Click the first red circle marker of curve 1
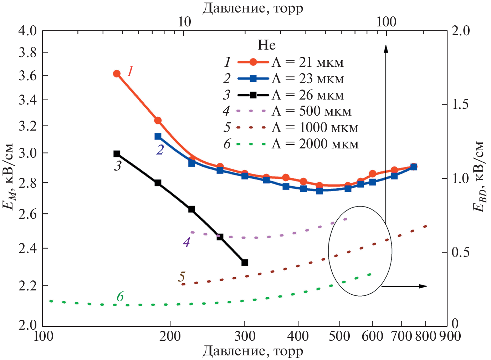[x=117, y=74]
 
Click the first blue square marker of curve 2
[x=158, y=136]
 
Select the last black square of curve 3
[x=245, y=263]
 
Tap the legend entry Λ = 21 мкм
[x=307, y=62]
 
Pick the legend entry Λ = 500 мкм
[x=311, y=111]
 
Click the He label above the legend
[x=267, y=45]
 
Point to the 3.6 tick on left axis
[x=28, y=76]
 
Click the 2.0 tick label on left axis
[x=28, y=325]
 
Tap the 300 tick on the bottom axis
[x=245, y=336]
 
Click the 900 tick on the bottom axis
[x=449, y=336]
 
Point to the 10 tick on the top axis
[x=184, y=22]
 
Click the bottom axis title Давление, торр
[x=253, y=351]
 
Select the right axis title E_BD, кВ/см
[x=479, y=177]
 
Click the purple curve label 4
[x=186, y=242]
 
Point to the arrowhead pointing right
[x=423, y=286]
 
